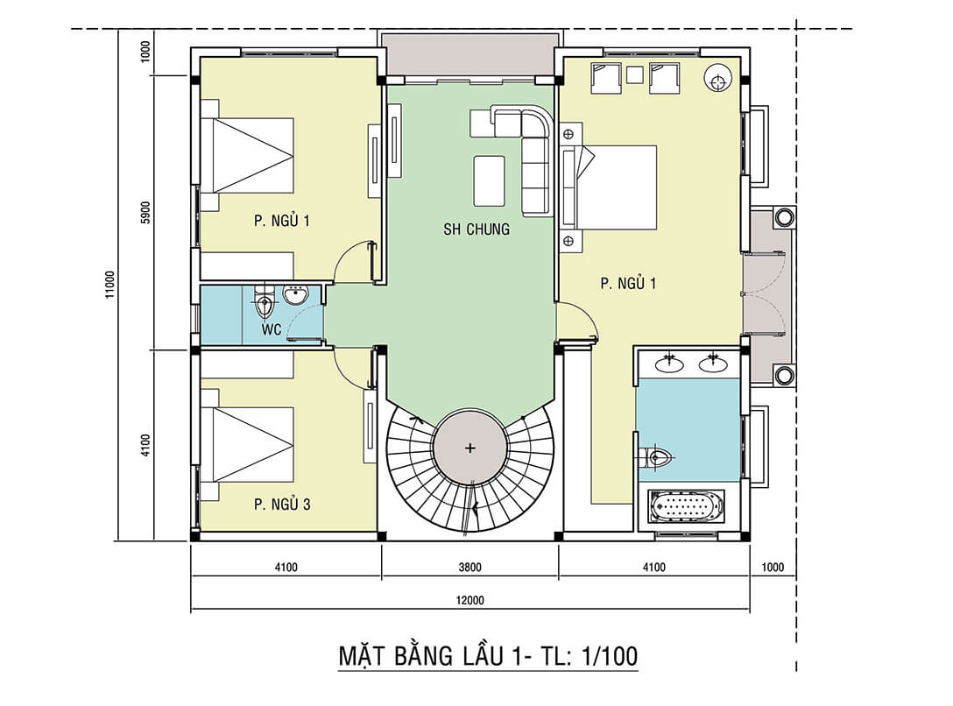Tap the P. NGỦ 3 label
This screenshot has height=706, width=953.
coord(282,505)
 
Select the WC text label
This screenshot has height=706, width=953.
coord(272,330)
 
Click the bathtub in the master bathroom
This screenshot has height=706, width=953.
coord(686,506)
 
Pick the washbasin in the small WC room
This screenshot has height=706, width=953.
coord(294,297)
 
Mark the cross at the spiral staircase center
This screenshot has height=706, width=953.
coord(470,448)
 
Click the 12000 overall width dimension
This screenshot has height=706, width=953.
coord(470,601)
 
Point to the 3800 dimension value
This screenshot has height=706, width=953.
coord(469,567)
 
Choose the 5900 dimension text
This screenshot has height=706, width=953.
coord(146,213)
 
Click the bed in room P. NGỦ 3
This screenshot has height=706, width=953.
coord(247,444)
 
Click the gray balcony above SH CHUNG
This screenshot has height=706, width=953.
coord(470,54)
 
